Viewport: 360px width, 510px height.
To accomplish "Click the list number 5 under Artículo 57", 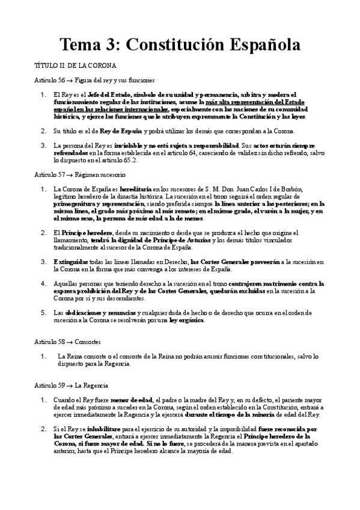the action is [43, 313].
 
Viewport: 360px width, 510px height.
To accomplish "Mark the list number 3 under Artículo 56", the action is [43, 146].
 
